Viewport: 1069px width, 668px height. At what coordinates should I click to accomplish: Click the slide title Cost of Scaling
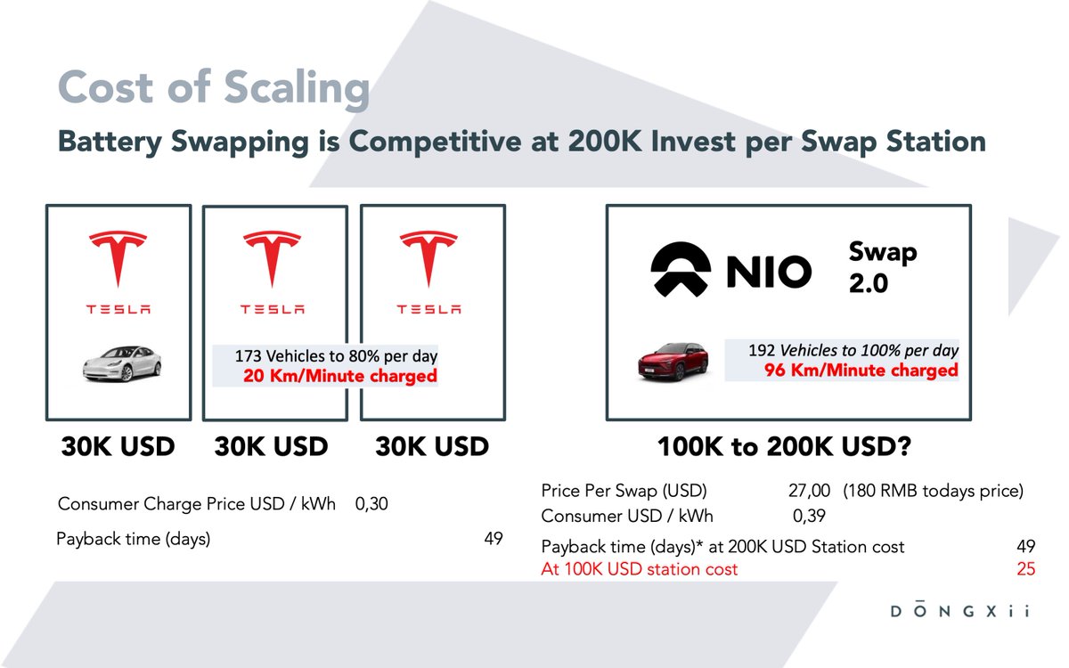tap(213, 89)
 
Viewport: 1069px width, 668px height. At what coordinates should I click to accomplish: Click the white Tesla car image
tap(122, 364)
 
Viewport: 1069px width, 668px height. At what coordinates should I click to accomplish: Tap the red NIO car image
tap(673, 363)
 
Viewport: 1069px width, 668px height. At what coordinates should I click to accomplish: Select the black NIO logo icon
tap(681, 270)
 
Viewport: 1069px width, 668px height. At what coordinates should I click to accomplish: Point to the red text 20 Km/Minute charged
tap(340, 376)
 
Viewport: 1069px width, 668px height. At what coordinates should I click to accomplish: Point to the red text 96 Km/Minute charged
tap(861, 370)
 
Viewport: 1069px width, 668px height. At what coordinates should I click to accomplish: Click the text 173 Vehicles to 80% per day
tap(336, 356)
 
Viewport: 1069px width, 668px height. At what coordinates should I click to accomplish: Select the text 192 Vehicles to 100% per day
tap(853, 350)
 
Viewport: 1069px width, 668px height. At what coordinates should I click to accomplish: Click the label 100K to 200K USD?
tap(783, 446)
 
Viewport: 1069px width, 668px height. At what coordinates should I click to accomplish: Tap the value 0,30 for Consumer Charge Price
tap(371, 504)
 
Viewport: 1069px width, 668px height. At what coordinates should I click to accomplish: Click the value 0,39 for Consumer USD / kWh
tap(809, 516)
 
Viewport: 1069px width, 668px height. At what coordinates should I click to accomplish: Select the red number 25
tap(1025, 569)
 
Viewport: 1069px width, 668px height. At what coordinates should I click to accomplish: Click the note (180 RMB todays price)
tap(933, 491)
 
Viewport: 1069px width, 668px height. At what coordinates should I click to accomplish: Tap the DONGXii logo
tap(959, 612)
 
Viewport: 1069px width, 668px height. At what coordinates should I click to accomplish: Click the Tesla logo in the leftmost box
tap(118, 260)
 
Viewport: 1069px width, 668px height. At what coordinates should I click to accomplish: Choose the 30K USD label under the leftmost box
tap(118, 446)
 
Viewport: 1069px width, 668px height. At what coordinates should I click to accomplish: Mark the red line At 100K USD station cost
tap(640, 569)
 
